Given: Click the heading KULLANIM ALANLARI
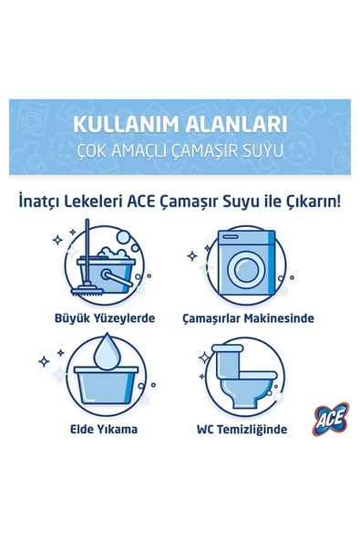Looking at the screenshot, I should pyautogui.click(x=180, y=124).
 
